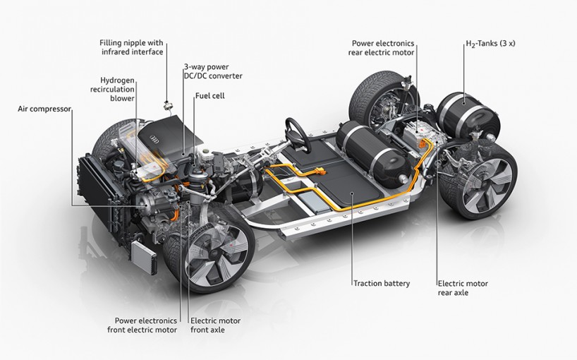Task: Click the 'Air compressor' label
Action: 45,109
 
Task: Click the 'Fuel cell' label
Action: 209,95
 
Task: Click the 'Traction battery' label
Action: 382,283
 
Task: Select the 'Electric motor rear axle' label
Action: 462,287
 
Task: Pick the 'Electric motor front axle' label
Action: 215,325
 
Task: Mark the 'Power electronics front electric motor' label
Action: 140,325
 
